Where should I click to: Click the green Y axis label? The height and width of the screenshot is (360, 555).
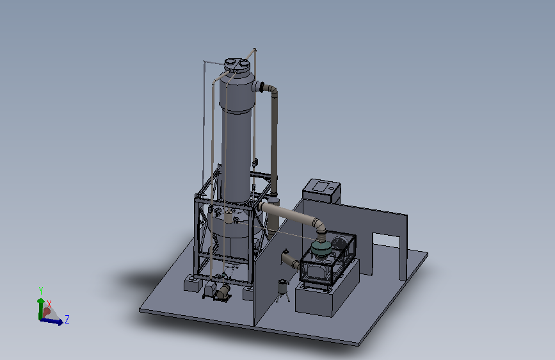41,291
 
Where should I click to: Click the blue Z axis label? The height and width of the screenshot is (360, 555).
67,319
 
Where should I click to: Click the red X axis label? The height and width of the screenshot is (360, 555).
49,304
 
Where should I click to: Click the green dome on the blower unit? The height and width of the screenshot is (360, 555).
321,248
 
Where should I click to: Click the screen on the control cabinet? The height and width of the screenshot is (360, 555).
320,186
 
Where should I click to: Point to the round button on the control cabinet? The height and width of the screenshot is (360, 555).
332,188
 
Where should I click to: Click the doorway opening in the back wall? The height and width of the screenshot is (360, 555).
386,255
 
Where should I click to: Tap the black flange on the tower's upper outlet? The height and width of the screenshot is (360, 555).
262,87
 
